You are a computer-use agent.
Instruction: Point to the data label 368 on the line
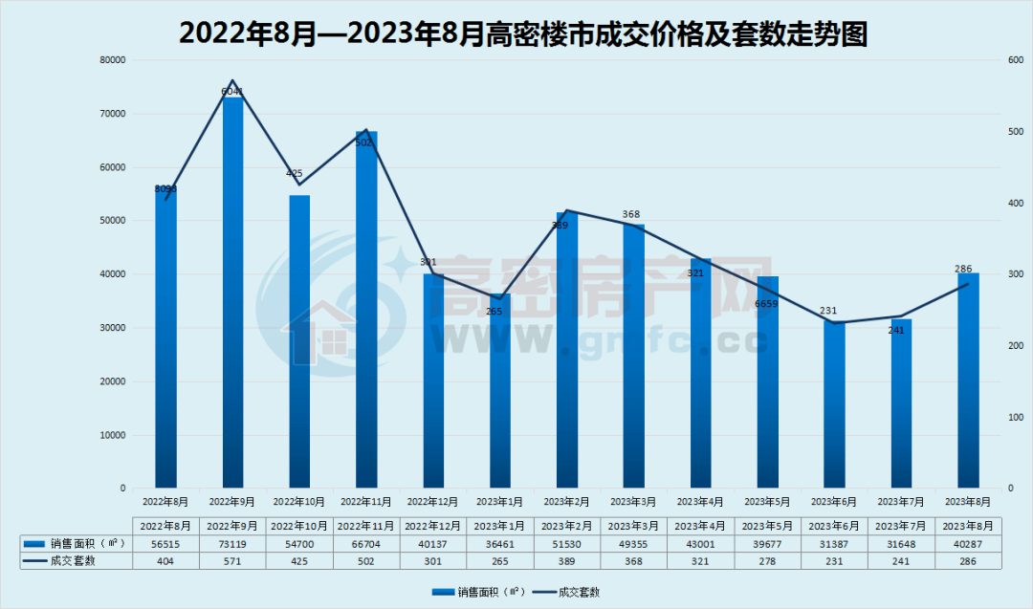click(x=630, y=215)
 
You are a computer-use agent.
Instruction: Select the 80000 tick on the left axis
click(x=113, y=60)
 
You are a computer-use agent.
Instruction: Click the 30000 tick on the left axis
click(x=113, y=328)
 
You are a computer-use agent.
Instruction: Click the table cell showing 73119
click(x=232, y=544)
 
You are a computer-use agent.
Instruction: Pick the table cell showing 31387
click(x=834, y=544)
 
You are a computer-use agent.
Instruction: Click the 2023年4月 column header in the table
click(x=701, y=526)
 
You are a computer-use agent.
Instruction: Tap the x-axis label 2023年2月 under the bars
click(x=566, y=501)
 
